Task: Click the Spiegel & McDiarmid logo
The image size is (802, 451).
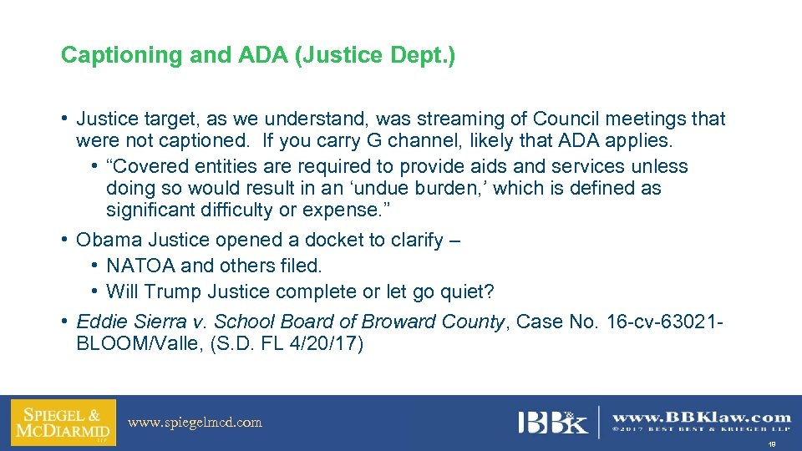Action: point(63,422)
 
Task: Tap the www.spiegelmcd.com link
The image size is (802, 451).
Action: point(195,423)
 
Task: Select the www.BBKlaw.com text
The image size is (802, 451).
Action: point(701,417)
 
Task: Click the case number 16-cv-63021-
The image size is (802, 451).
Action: point(656,322)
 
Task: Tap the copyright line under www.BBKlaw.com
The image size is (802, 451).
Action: point(701,430)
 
